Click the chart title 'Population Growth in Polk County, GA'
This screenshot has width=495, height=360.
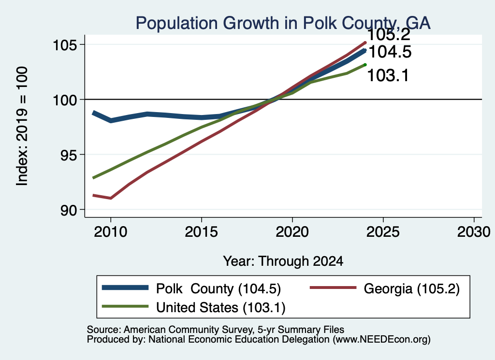click(x=283, y=23)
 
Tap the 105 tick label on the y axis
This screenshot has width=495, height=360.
click(x=65, y=45)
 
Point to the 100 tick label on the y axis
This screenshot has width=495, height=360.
click(x=65, y=101)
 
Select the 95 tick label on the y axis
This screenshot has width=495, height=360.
click(x=69, y=155)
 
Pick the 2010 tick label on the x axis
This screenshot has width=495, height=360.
click(x=111, y=232)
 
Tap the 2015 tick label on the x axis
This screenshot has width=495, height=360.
click(x=202, y=232)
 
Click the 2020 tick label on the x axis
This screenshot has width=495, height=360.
click(x=292, y=232)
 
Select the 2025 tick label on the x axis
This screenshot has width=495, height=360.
click(x=383, y=232)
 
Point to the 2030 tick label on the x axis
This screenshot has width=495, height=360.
click(x=474, y=232)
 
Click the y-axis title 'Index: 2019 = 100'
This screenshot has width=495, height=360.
click(x=22, y=126)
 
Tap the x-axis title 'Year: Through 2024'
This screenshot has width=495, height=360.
click(x=283, y=261)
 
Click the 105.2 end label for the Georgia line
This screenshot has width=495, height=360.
click(x=389, y=35)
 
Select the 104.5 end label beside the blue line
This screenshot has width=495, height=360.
click(x=390, y=52)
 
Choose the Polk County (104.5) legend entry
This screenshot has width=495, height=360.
click(x=191, y=288)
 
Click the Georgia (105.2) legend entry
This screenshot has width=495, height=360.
click(x=385, y=288)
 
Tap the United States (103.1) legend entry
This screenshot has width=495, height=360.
click(x=193, y=308)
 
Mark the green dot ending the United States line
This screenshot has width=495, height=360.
click(x=365, y=65)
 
